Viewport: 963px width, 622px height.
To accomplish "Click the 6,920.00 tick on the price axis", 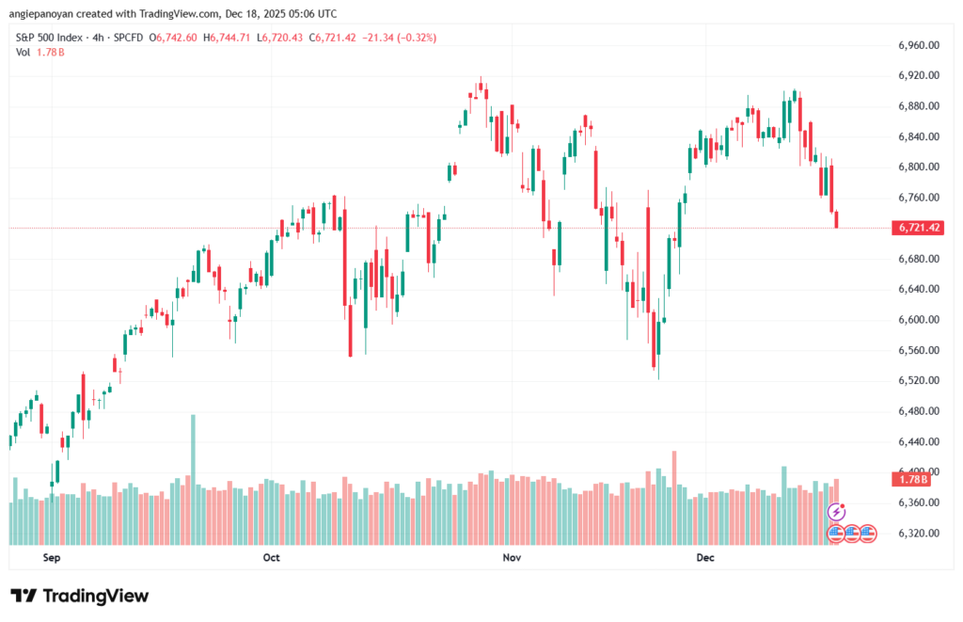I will (x=920, y=75).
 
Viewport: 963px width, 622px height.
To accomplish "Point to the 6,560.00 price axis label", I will (x=920, y=350).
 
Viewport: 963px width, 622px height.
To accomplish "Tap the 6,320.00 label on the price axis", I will (x=920, y=533).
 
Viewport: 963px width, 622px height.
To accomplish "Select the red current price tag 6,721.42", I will (x=921, y=228).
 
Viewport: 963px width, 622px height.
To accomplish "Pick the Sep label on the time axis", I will (x=52, y=558).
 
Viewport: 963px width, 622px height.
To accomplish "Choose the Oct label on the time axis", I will (x=272, y=558).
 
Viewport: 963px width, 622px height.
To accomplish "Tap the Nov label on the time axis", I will (x=512, y=558).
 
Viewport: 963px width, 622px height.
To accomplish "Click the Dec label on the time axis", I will (x=706, y=558).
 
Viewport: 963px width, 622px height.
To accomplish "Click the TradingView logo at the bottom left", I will (x=80, y=596).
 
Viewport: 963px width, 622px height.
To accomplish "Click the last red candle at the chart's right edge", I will (x=837, y=219).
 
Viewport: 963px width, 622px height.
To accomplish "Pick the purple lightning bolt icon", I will (x=836, y=513).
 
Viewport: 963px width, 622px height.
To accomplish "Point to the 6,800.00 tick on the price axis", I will (x=920, y=167).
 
